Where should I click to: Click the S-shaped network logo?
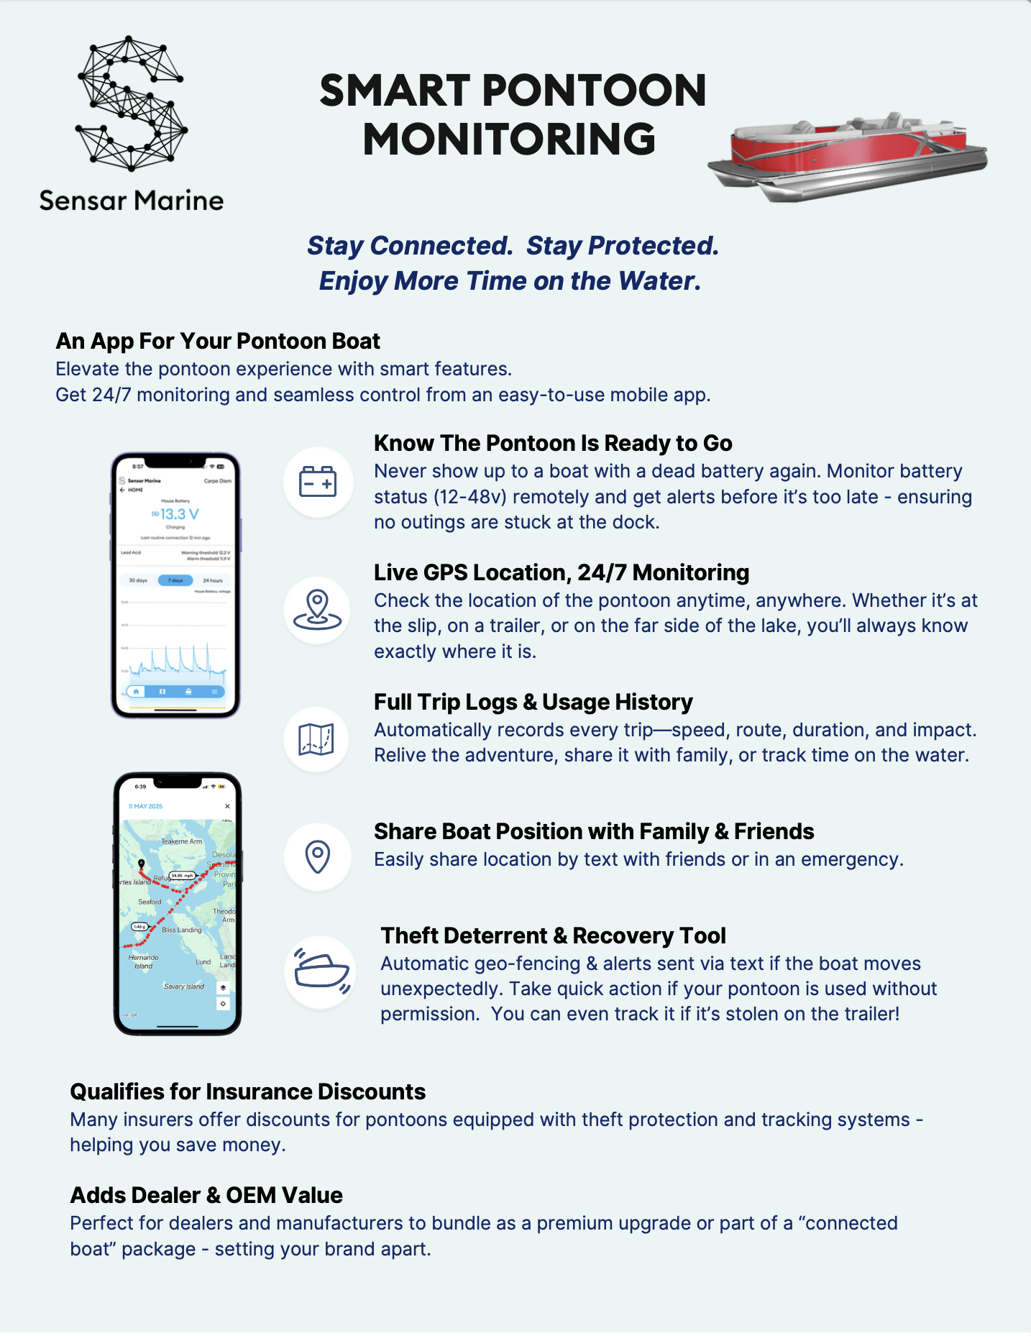131,104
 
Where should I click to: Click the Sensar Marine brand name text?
131,201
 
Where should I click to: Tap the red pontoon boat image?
848,157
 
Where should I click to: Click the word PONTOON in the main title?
593,91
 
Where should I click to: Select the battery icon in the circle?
318,482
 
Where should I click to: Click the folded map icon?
316,739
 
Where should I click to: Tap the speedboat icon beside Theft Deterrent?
321,971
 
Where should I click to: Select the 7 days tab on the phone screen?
175,580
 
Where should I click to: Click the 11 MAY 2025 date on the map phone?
145,806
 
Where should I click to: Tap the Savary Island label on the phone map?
184,987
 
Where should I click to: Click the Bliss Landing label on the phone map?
182,930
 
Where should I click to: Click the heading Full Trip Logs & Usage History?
533,702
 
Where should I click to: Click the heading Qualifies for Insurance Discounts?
247,1092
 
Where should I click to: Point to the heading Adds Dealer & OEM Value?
206,1195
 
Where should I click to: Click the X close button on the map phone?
227,806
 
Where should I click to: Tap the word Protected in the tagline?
653,246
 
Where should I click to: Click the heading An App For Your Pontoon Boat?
218,341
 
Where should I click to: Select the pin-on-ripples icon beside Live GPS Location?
317,610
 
